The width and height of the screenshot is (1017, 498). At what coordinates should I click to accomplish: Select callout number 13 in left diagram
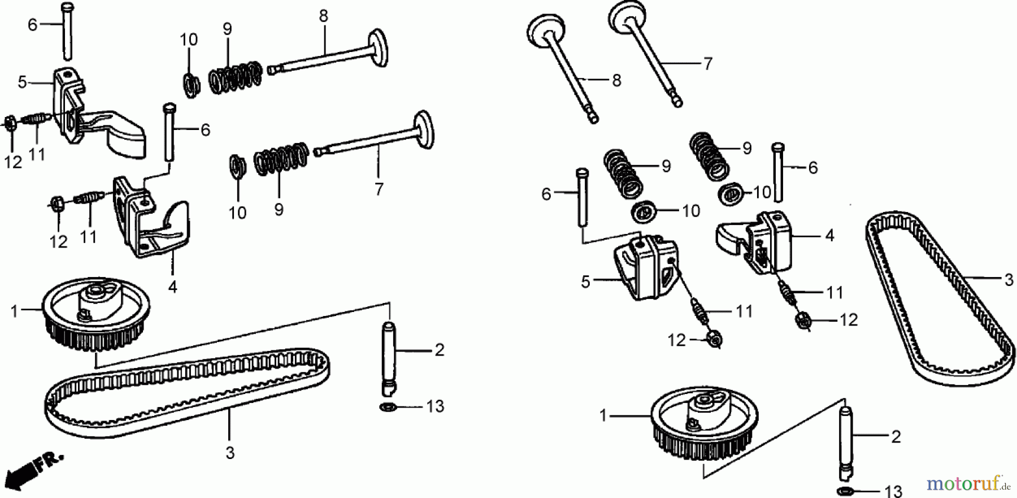(x=435, y=406)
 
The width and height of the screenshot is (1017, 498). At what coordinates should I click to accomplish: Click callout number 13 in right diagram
(x=893, y=491)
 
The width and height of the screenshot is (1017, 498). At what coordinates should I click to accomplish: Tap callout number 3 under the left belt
(x=229, y=453)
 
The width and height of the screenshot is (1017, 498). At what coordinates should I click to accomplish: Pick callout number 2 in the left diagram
(x=439, y=350)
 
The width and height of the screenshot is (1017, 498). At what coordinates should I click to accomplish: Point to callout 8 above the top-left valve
(x=323, y=16)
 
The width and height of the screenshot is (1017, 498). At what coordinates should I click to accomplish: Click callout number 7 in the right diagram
(x=707, y=64)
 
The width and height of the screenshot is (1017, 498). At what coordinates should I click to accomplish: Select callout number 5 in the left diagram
(x=22, y=83)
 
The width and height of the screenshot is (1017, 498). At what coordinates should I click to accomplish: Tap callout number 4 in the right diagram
(x=829, y=235)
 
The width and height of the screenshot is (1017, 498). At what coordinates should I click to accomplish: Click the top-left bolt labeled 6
(x=67, y=31)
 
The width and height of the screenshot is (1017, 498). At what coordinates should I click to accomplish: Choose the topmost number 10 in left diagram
(x=189, y=40)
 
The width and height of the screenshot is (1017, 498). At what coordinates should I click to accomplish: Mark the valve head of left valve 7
(x=423, y=131)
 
